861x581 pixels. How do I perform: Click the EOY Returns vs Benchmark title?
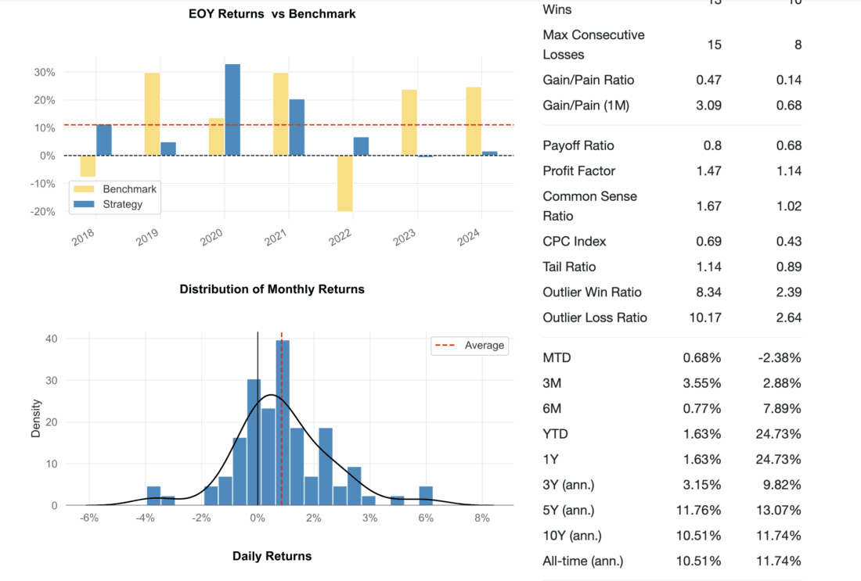click(272, 13)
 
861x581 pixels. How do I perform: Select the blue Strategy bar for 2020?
click(232, 109)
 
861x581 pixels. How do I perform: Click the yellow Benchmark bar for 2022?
click(345, 183)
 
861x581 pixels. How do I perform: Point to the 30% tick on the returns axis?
click(44, 72)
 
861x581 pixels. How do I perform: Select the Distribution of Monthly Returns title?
click(272, 289)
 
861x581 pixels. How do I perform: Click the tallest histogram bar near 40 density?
click(283, 422)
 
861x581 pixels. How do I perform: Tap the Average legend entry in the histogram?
click(484, 345)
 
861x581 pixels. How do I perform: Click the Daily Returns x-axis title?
click(272, 556)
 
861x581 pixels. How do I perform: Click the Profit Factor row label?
click(579, 170)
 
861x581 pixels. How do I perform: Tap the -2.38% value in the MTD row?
click(780, 357)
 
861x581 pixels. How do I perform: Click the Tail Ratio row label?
click(569, 267)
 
